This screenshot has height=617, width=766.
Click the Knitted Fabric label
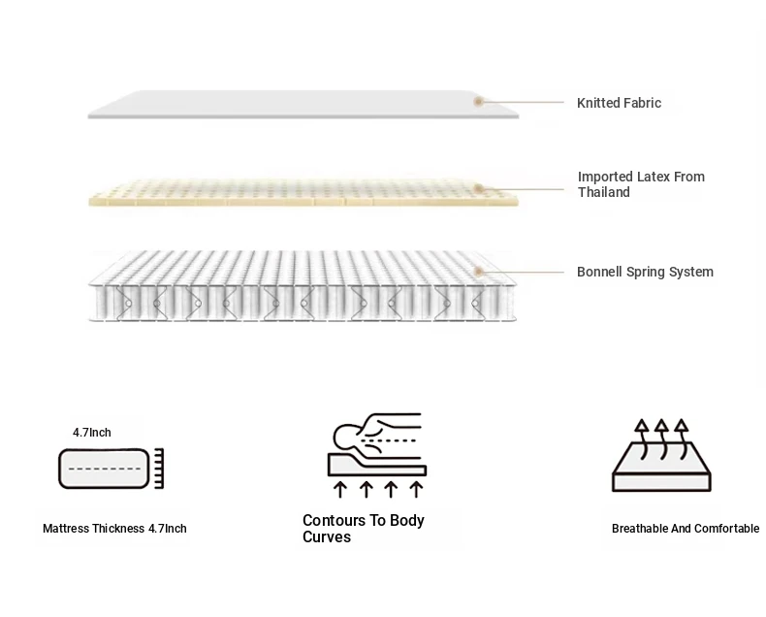pos(619,103)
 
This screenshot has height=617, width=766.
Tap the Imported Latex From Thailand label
pos(640,184)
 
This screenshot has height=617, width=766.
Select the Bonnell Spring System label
pos(645,272)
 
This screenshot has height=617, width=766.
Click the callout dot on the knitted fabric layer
pos(478,101)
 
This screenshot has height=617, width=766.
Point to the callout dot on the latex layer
pos(478,188)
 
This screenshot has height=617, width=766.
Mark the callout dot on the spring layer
pos(478,273)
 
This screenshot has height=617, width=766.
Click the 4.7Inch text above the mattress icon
pos(93,433)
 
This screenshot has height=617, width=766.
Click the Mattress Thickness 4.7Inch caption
pos(114,529)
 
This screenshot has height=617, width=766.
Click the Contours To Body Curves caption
pos(363,529)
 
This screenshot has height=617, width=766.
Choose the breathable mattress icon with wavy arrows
pos(661,456)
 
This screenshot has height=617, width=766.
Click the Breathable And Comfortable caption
pos(685,529)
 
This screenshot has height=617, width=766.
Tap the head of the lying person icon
pos(348,435)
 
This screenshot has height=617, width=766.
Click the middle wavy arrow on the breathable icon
pos(661,437)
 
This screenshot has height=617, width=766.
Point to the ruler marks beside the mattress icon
pos(158,468)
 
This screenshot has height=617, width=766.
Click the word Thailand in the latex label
pos(604,192)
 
